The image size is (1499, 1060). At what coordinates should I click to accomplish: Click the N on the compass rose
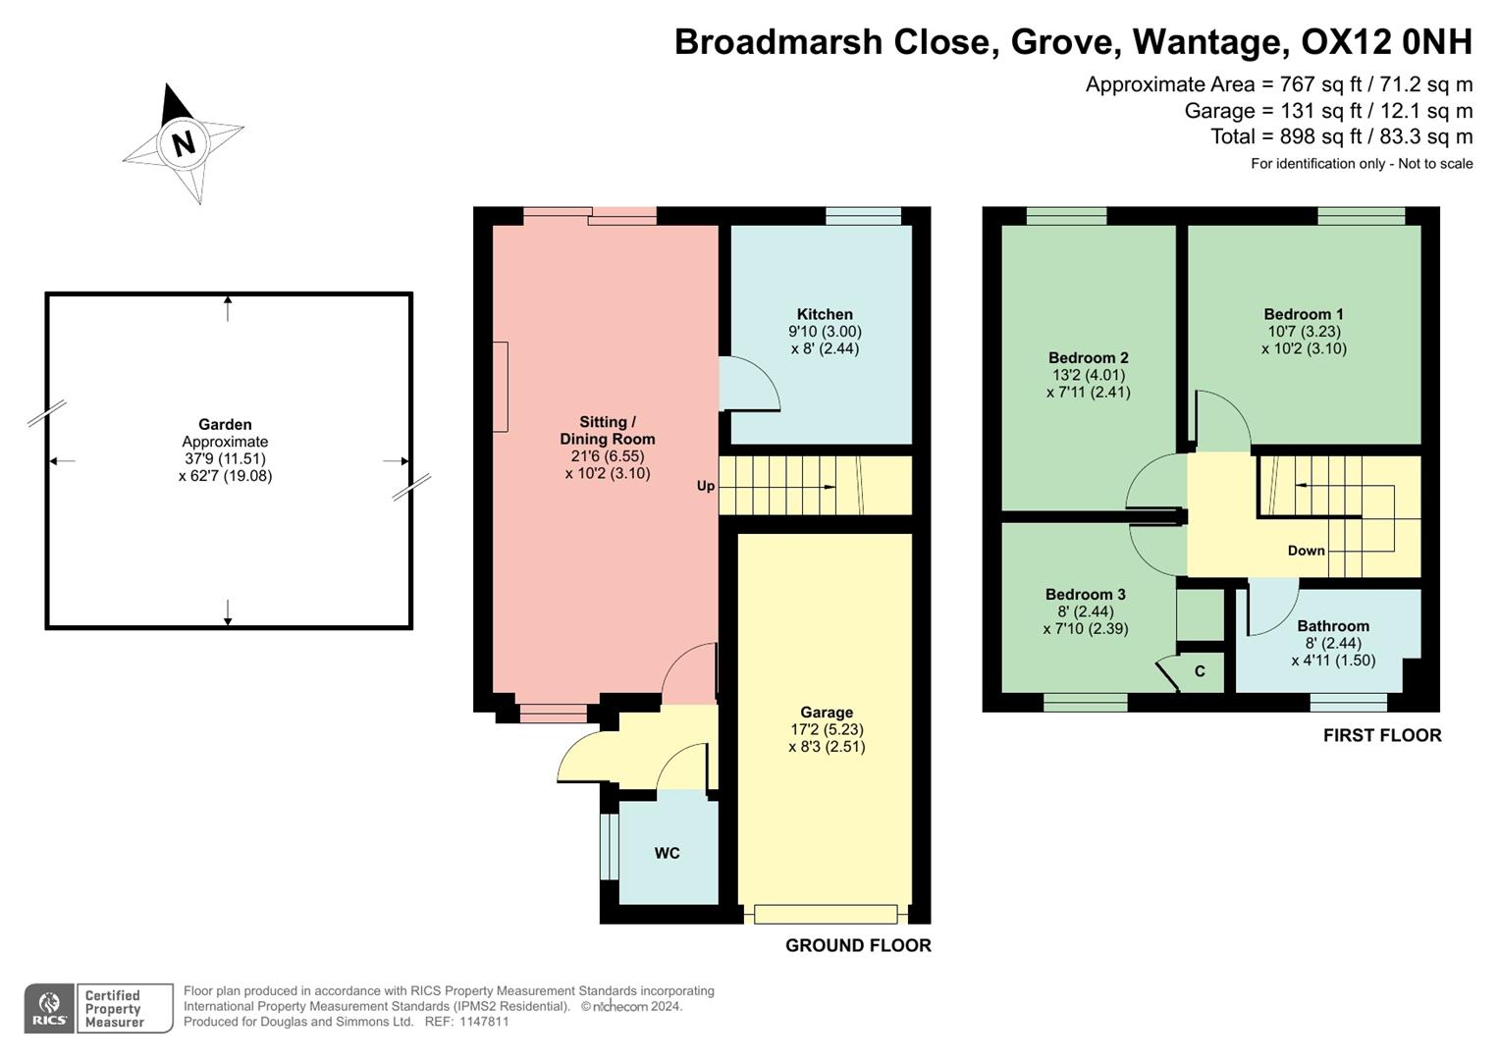183,143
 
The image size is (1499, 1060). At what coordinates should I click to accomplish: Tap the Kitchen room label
825,315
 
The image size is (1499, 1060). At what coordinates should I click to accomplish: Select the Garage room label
827,713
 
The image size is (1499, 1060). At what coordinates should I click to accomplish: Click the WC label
668,854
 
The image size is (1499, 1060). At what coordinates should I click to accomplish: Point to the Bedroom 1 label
1304,315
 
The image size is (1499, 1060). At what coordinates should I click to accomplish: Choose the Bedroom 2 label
1089,358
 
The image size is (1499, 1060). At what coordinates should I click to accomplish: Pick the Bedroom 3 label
1085,595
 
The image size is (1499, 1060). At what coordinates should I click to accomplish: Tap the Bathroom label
1333,626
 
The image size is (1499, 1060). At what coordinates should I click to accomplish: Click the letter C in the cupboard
1200,672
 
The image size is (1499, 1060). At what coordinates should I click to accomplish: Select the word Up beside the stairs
706,486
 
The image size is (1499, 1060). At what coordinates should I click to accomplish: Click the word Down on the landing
1306,551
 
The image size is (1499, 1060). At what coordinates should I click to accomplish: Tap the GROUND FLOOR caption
858,946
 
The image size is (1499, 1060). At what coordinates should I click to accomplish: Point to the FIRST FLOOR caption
1382,736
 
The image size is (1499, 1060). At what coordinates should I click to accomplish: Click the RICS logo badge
49,1009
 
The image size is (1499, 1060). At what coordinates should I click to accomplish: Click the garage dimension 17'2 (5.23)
827,730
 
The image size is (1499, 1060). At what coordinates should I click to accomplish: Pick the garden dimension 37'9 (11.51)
225,458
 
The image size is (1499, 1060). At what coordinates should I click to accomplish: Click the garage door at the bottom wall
826,915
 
